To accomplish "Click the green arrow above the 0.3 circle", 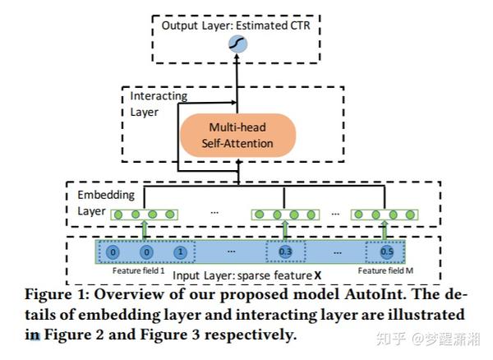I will coord(285,229).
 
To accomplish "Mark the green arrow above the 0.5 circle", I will coord(385,229).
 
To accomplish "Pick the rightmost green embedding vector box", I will coord(385,215).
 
